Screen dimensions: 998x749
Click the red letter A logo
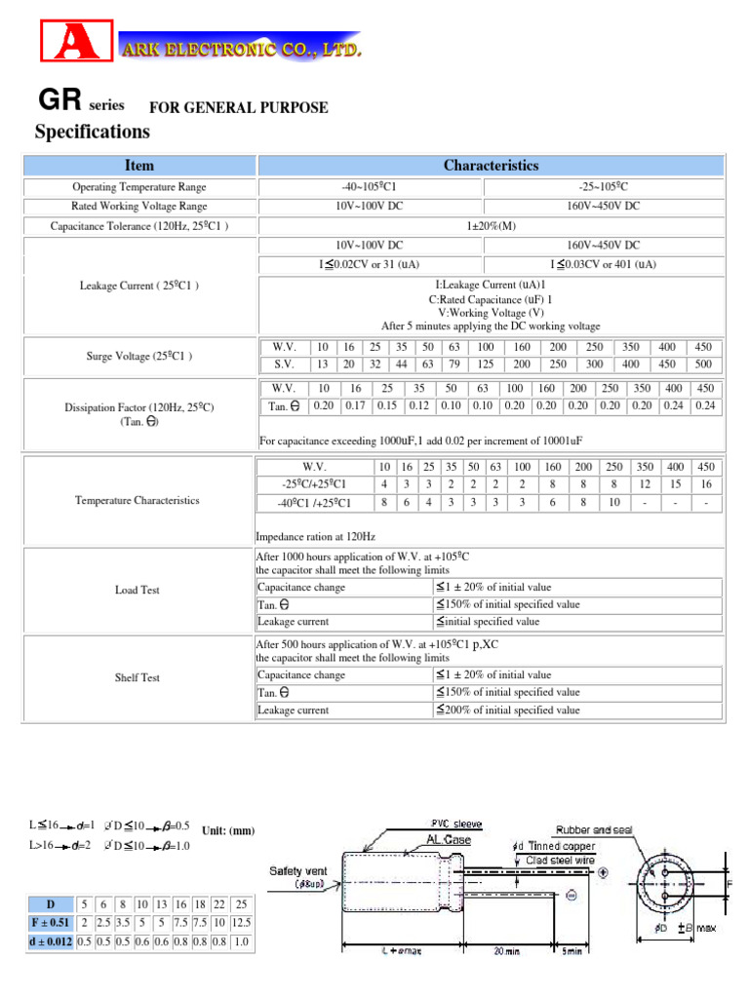(71, 44)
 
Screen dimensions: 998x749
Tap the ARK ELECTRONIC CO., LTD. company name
(240, 48)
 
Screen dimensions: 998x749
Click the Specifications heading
(93, 131)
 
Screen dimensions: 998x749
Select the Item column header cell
(139, 166)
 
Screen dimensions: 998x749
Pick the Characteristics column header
(491, 166)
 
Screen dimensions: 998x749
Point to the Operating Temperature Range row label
(139, 187)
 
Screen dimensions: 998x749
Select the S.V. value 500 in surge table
(705, 365)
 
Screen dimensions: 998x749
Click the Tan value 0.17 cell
(355, 405)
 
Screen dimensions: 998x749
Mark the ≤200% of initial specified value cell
(507, 710)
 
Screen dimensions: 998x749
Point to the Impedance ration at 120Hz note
(315, 537)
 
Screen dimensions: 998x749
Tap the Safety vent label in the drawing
(299, 870)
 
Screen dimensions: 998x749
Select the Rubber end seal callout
(594, 830)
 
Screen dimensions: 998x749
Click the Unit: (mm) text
(228, 831)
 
